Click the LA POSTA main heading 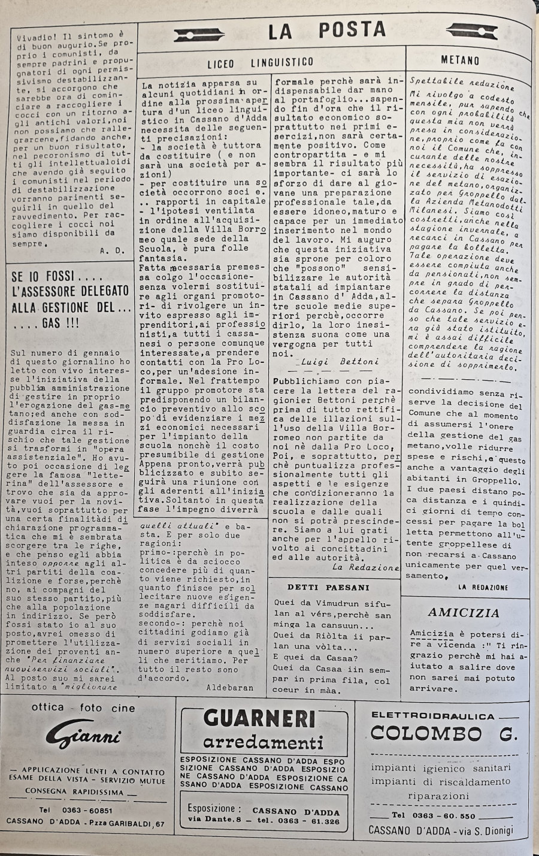[x=326, y=30]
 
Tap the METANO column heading [x=460, y=61]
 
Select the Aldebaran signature [x=230, y=688]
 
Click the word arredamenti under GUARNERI [x=264, y=743]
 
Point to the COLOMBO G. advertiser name [x=443, y=733]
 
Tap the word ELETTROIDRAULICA [x=433, y=716]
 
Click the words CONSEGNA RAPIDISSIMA [x=75, y=791]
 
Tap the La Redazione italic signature [x=365, y=567]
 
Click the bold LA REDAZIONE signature [x=483, y=587]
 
